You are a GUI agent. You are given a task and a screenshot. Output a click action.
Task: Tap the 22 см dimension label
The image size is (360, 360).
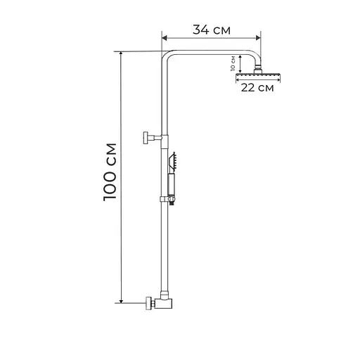pyautogui.click(x=257, y=88)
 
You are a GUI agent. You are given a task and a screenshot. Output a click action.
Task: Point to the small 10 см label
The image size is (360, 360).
pyautogui.click(x=233, y=65)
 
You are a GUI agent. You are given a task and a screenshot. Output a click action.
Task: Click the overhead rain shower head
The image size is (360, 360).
pyautogui.click(x=259, y=75)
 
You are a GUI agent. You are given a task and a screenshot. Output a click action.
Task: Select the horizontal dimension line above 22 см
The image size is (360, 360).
pyautogui.click(x=257, y=79)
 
